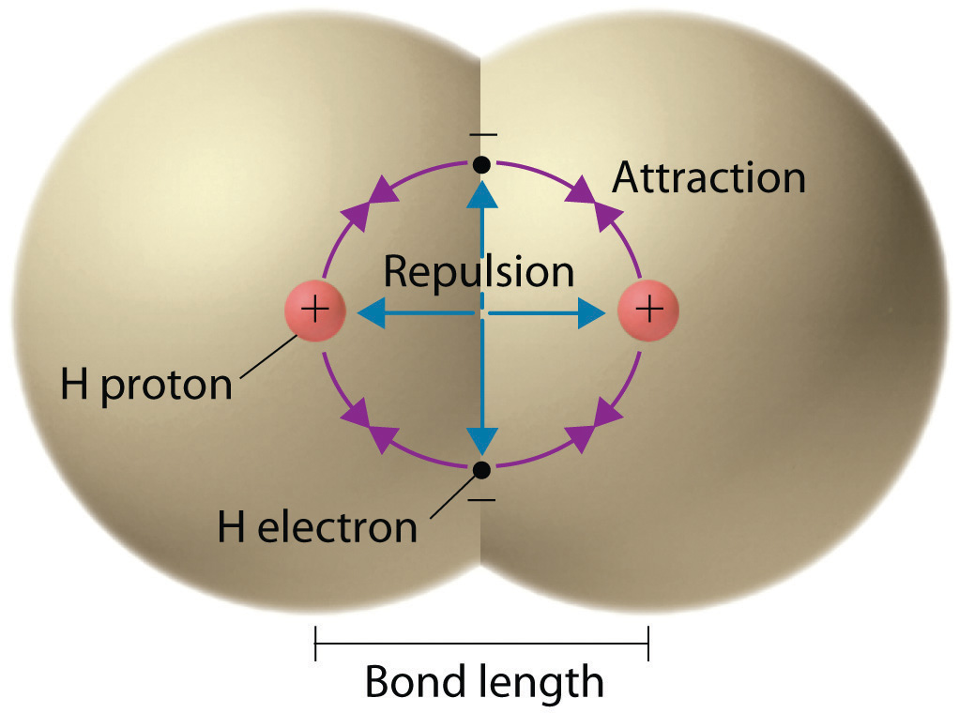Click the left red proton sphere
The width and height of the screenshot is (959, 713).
[315, 310]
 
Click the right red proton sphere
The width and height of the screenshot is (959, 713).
[647, 310]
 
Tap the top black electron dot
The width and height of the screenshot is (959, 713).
[481, 165]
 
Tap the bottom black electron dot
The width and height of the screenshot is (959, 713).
[481, 468]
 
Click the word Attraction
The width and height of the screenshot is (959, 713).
[708, 177]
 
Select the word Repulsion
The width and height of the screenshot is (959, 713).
[479, 272]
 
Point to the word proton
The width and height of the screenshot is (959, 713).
[165, 386]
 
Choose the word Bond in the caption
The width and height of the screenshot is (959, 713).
[415, 682]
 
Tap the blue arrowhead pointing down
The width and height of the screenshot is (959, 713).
[482, 439]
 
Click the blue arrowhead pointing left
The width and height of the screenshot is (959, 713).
[370, 312]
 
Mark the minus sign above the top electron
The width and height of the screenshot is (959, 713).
[481, 135]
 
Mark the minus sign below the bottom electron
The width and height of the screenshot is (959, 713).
[481, 498]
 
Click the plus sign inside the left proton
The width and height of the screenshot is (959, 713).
[315, 310]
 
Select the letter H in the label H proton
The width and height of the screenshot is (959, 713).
[74, 385]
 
